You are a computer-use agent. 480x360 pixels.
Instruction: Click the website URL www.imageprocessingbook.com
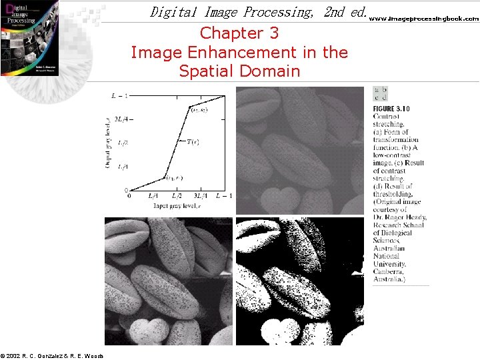tap(424, 19)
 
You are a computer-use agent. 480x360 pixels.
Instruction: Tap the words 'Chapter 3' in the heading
tap(239, 33)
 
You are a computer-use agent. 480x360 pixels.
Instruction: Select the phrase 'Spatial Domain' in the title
tap(239, 71)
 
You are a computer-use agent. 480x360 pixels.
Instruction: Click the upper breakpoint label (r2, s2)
tap(199, 109)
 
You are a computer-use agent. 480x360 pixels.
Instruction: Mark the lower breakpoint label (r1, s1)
tap(175, 178)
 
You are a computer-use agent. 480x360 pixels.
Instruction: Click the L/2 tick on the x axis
tap(177, 195)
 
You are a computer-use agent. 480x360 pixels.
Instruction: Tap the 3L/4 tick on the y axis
tap(118, 120)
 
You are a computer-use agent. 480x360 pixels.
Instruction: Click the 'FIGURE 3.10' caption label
tap(391, 109)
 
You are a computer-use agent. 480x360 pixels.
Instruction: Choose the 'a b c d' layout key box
tap(381, 94)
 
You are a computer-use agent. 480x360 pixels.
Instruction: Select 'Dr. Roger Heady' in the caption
tap(400, 217)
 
